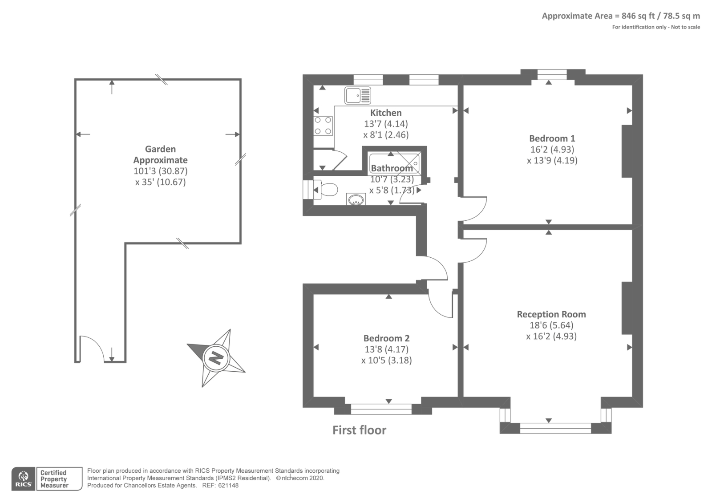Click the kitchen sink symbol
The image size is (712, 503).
click(x=357, y=95)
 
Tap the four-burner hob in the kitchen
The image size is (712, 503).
click(x=323, y=126)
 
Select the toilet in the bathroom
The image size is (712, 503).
click(x=328, y=190)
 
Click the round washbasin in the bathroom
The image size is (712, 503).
click(x=356, y=199)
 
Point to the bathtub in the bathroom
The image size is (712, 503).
click(x=394, y=161)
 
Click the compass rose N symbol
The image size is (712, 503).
click(x=216, y=357)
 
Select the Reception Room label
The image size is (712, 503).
click(x=551, y=314)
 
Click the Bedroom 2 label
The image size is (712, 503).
click(x=386, y=338)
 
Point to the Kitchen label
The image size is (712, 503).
click(x=386, y=113)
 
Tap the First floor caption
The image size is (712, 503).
click(x=359, y=430)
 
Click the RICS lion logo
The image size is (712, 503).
click(x=23, y=479)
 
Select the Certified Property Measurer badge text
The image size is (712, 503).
click(x=54, y=479)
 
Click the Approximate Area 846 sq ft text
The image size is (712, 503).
click(x=620, y=16)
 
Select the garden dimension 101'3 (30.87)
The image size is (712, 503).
click(x=160, y=171)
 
